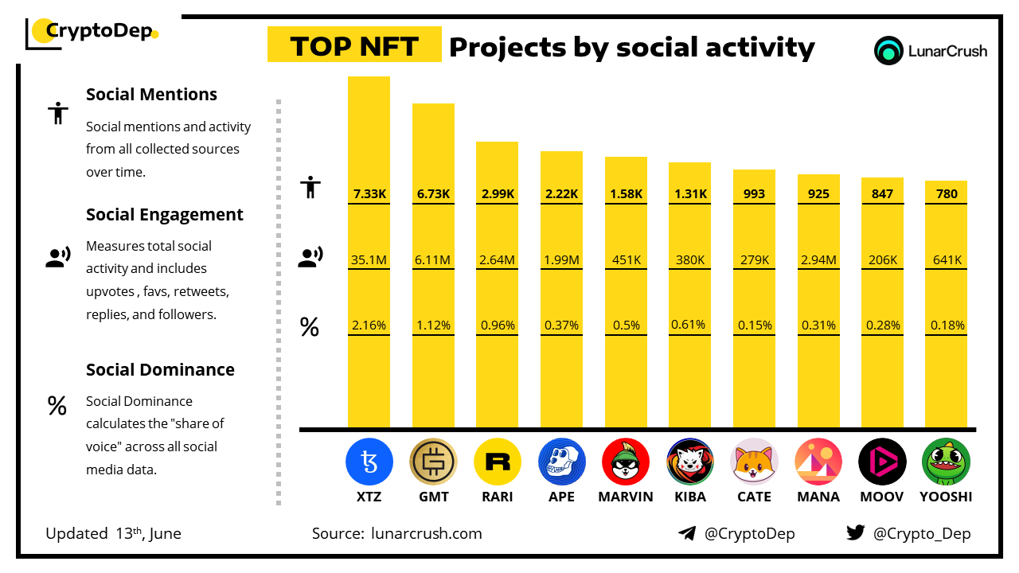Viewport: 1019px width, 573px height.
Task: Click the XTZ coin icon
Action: click(x=369, y=462)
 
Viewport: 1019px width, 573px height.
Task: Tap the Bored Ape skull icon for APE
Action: click(x=561, y=462)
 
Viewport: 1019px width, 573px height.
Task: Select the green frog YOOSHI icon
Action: click(x=946, y=462)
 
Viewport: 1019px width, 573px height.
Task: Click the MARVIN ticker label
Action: click(x=625, y=497)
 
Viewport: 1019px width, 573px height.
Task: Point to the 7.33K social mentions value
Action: click(x=369, y=193)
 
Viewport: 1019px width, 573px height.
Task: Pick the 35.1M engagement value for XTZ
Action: click(x=369, y=259)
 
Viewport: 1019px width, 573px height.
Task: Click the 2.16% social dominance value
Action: click(x=369, y=325)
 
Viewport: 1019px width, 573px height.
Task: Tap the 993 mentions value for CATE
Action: click(x=754, y=193)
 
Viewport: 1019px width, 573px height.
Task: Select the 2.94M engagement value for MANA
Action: click(x=818, y=259)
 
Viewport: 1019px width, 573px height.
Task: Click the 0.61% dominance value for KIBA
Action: click(x=689, y=325)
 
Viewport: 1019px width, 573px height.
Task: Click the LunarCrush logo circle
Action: click(x=888, y=51)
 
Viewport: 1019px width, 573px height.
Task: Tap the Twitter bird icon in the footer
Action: click(x=855, y=532)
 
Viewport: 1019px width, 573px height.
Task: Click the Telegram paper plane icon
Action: click(x=687, y=533)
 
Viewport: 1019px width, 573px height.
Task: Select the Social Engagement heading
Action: click(x=164, y=215)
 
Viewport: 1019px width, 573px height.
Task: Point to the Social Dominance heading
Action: click(x=160, y=370)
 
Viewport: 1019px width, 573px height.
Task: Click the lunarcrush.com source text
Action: click(x=426, y=533)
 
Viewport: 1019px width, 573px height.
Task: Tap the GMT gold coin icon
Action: click(x=433, y=462)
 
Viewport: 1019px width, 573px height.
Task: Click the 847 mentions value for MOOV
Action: click(x=882, y=193)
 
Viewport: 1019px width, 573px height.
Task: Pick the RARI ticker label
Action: click(x=498, y=497)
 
